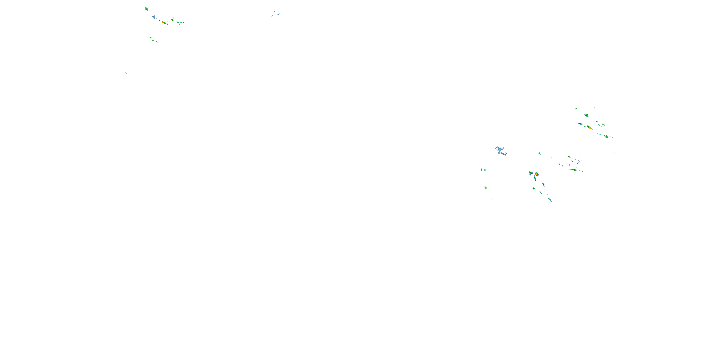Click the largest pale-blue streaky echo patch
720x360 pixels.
(499, 149)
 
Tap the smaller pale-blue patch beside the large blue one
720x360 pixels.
(504, 153)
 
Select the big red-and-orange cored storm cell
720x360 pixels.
(536, 174)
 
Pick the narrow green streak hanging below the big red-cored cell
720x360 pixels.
(535, 179)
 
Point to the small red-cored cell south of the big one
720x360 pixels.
(543, 185)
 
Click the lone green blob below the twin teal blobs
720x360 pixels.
(486, 187)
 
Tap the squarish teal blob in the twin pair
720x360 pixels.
(485, 170)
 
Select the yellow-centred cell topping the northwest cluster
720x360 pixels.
(146, 9)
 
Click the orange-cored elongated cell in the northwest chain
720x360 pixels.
(164, 23)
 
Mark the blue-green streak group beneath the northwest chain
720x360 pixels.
(153, 39)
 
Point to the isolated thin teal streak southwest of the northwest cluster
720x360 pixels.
(126, 73)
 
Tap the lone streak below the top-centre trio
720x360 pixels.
(278, 25)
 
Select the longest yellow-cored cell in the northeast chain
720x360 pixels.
(589, 128)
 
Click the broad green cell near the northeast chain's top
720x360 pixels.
(586, 115)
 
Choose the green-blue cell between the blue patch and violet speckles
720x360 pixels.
(540, 153)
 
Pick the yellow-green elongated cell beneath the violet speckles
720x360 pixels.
(574, 170)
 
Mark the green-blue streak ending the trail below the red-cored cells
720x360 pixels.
(550, 200)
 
